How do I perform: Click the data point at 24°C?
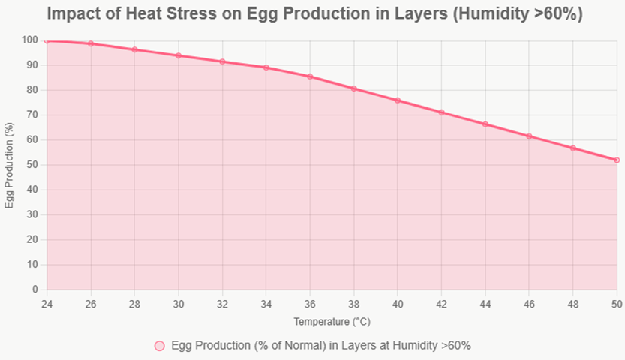pyautogui.click(x=47, y=40)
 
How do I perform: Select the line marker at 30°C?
pyautogui.click(x=179, y=55)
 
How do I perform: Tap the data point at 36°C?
pyautogui.click(x=310, y=76)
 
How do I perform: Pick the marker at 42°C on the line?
pyautogui.click(x=441, y=112)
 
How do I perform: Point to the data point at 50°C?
pyautogui.click(x=617, y=160)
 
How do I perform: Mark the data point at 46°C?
pyautogui.click(x=529, y=136)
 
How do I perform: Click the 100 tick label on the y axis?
pyautogui.click(x=30, y=40)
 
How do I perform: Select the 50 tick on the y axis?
pyautogui.click(x=32, y=165)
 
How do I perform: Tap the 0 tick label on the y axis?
pyautogui.click(x=35, y=289)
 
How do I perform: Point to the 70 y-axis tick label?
pyautogui.click(x=32, y=115)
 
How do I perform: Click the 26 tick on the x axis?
pyautogui.click(x=91, y=304)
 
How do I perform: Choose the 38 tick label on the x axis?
pyautogui.click(x=353, y=304)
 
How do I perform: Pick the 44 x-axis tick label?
pyautogui.click(x=485, y=304)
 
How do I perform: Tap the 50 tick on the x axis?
pyautogui.click(x=617, y=304)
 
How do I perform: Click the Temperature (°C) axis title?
pyautogui.click(x=332, y=321)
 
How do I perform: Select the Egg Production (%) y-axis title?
pyautogui.click(x=10, y=165)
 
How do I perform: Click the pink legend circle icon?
pyautogui.click(x=159, y=346)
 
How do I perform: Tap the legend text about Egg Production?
pyautogui.click(x=321, y=346)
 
